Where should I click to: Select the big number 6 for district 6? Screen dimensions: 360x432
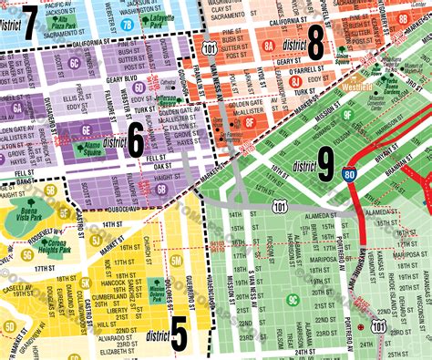pyautogui.click(x=136, y=141)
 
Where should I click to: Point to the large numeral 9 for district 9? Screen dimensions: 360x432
pyautogui.click(x=326, y=164)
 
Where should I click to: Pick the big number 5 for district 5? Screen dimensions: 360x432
pyautogui.click(x=180, y=334)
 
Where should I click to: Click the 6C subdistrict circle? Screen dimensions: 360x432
pyautogui.click(x=74, y=63)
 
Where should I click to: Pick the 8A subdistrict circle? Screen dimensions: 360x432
pyautogui.click(x=268, y=44)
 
